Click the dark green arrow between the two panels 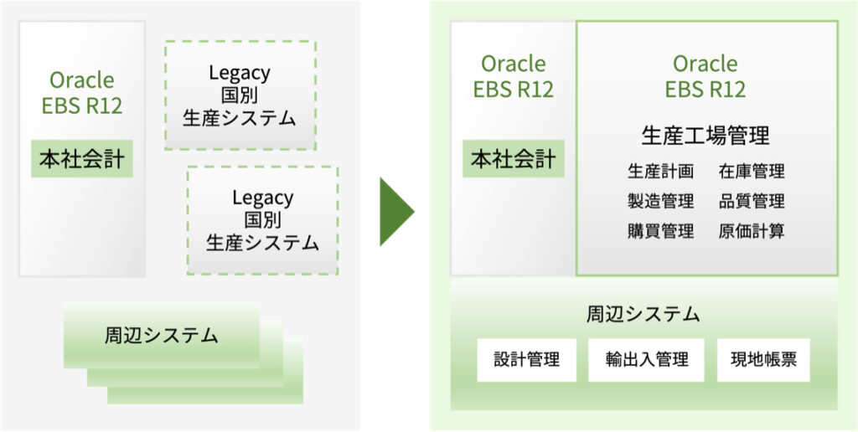pos(395,212)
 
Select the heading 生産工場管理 pos(706,136)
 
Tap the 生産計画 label pos(660,172)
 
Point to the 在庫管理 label pos(752,172)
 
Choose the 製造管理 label pos(660,201)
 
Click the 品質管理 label pos(752,201)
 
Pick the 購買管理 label pos(660,231)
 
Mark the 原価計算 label pos(752,231)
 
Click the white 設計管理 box pos(526,360)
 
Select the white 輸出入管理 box pos(646,360)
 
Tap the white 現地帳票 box pos(763,360)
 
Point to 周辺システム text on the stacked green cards pos(162,335)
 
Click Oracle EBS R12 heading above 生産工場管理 pos(706,76)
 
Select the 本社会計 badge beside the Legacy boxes pos(82,158)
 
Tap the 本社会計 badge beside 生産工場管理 pos(514,158)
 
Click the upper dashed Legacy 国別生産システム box pos(240,95)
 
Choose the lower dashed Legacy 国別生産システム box pos(262,220)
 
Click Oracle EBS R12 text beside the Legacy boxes pos(82,92)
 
